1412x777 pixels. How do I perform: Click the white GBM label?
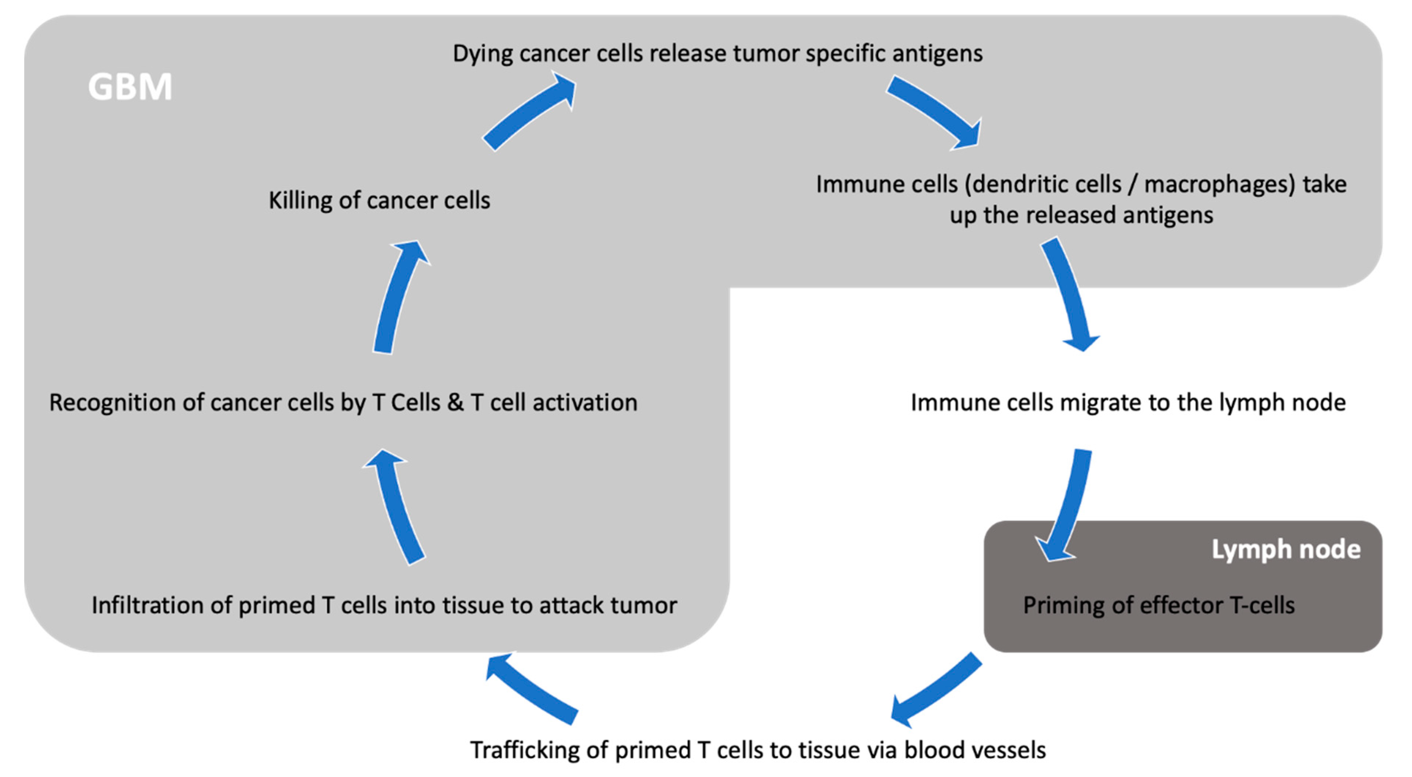point(130,87)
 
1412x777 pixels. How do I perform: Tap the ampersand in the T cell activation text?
point(455,403)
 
